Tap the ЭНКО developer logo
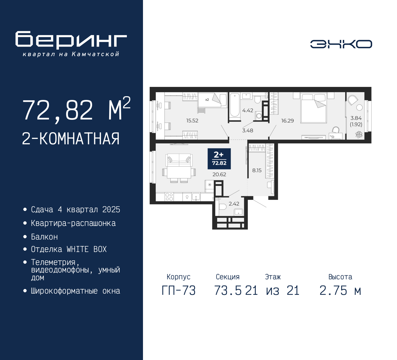(341, 44)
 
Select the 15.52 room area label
(192, 120)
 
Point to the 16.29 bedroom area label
(288, 121)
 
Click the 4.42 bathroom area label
(248, 110)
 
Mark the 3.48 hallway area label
(248, 130)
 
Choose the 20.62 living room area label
(219, 174)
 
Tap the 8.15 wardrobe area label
(257, 170)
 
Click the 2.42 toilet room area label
(234, 204)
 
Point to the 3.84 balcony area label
(356, 118)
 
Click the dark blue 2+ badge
(219, 159)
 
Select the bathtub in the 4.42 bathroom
(235, 105)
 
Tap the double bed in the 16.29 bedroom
(314, 108)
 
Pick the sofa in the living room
(179, 160)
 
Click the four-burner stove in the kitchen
(169, 197)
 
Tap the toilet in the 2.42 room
(222, 207)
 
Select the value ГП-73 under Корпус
(179, 291)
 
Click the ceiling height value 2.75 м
(340, 291)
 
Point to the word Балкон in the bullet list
(44, 237)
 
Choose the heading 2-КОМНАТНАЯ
(71, 139)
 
